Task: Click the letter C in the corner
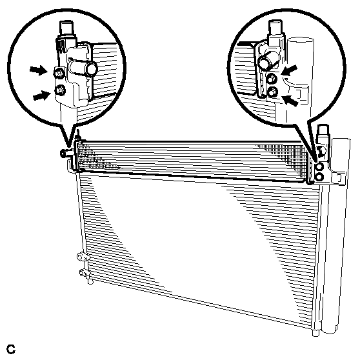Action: coord(11,349)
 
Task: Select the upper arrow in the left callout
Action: coord(39,70)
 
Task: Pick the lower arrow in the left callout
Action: coord(42,95)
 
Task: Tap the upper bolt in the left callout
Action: coord(59,74)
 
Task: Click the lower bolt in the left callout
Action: coord(61,90)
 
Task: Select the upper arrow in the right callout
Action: coord(289,70)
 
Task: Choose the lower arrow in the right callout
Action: coord(290,100)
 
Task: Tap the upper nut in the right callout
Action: coord(272,79)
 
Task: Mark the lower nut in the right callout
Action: coord(273,92)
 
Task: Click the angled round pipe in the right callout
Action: coord(268,62)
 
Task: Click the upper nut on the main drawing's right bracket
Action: coord(319,166)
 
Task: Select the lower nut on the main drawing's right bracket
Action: coord(319,177)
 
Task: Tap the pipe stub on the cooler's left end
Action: coord(66,153)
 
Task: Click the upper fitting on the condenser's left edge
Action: coord(82,257)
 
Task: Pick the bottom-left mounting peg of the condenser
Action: coord(90,281)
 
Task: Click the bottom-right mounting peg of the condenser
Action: coord(316,333)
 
